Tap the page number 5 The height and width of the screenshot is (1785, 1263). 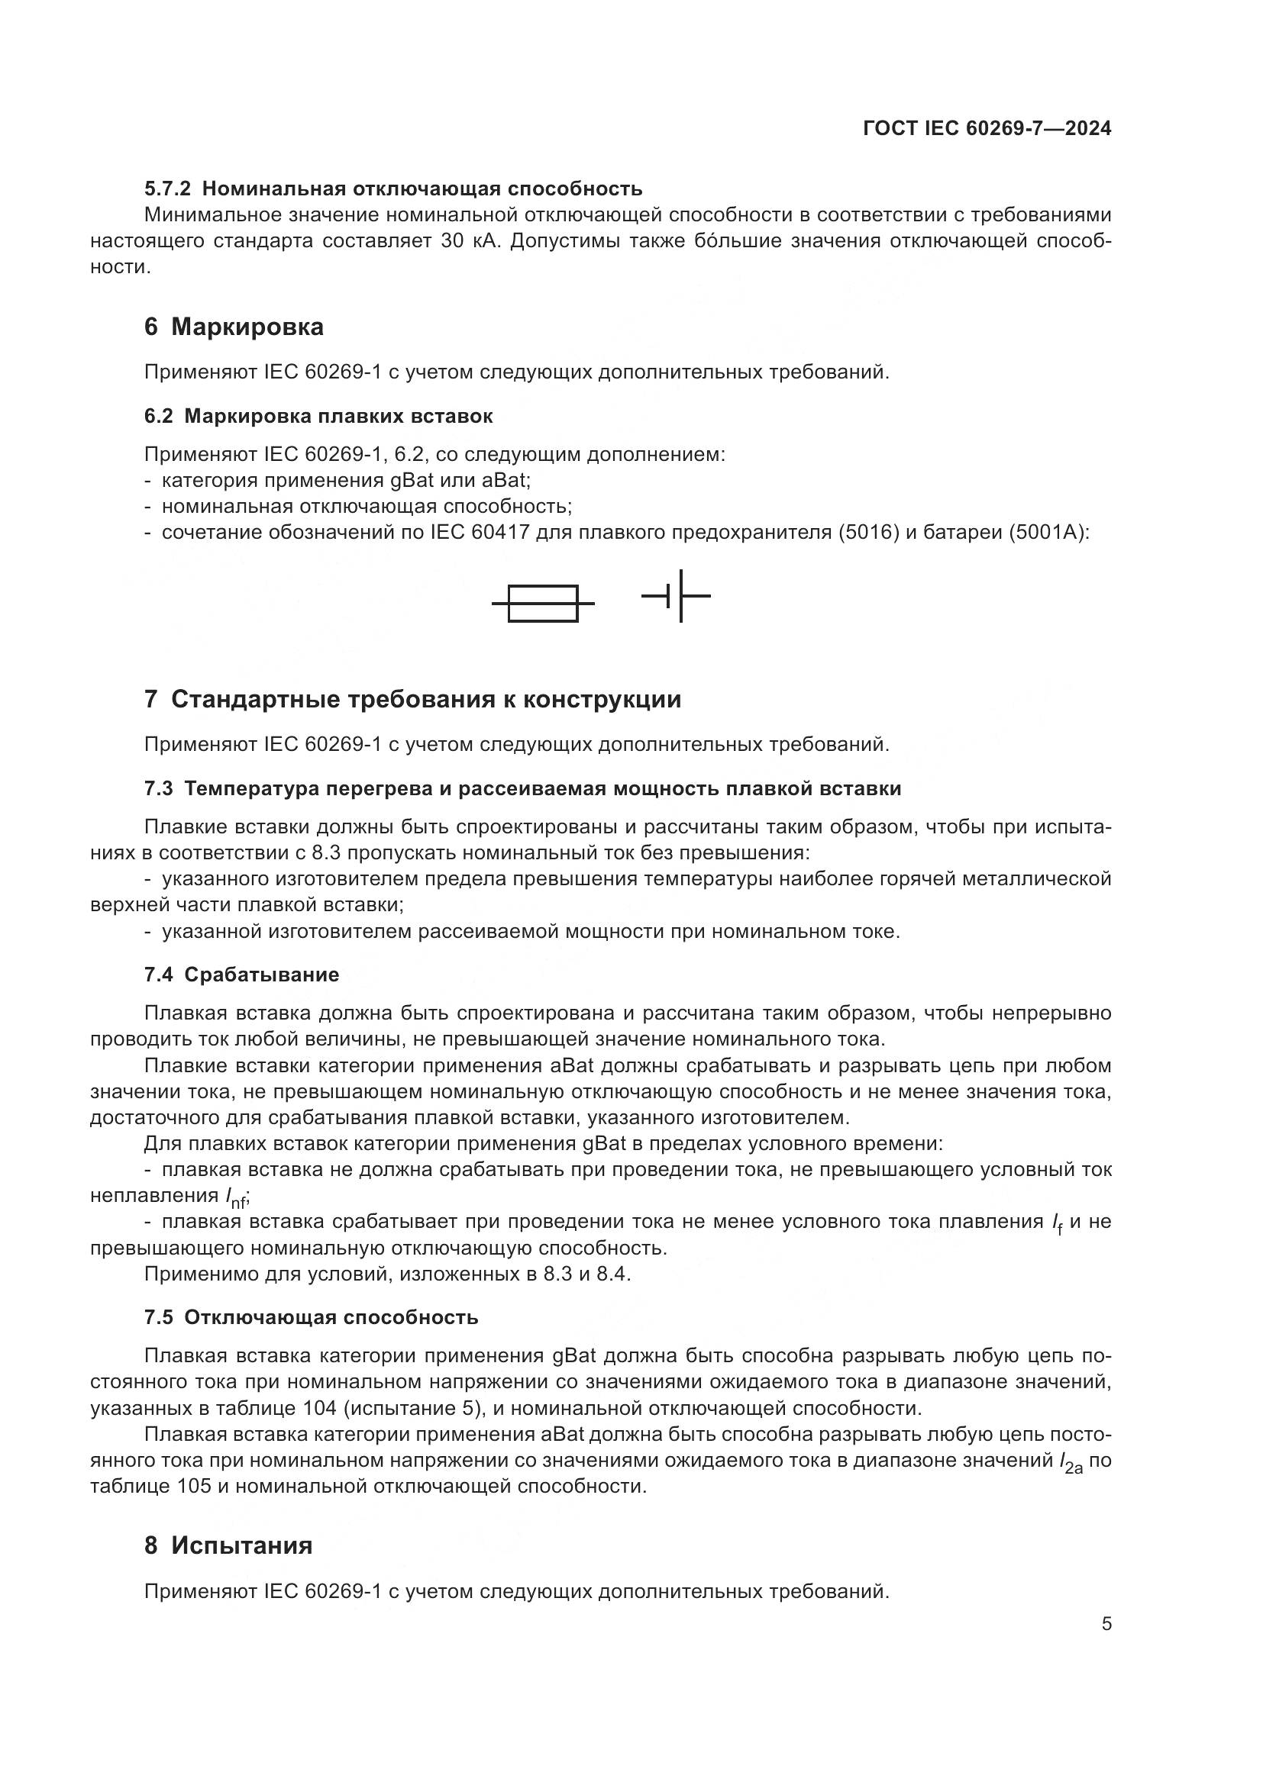click(x=1106, y=1624)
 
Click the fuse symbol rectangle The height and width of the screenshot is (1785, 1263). click(x=543, y=604)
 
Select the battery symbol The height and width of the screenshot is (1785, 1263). click(x=677, y=596)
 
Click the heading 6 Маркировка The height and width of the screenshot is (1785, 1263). click(x=234, y=327)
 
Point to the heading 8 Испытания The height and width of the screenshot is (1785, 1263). click(x=228, y=1545)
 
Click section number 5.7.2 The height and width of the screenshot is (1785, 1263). click(x=167, y=189)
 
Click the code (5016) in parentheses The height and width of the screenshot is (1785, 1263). click(x=869, y=533)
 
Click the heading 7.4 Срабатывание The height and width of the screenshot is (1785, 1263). click(x=241, y=975)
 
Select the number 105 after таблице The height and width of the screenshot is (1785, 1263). click(x=193, y=1487)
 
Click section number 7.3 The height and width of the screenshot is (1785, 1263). click(x=159, y=789)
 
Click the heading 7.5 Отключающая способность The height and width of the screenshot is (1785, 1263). click(x=310, y=1318)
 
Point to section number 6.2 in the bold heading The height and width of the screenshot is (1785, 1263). click(x=159, y=417)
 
